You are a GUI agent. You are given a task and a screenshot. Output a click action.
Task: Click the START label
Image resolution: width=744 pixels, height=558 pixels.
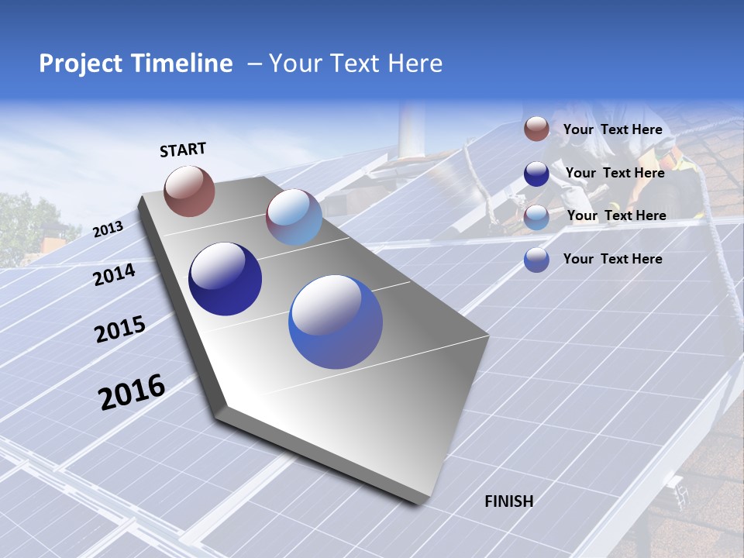[x=183, y=150]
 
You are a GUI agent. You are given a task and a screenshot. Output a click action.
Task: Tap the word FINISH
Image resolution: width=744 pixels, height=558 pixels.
[x=508, y=501]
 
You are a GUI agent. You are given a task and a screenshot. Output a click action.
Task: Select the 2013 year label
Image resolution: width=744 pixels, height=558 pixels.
[x=108, y=229]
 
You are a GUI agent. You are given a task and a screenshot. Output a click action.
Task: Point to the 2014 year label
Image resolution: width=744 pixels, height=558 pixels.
[x=114, y=274]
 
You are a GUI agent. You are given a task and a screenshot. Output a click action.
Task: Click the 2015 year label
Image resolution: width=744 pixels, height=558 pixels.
[x=120, y=329]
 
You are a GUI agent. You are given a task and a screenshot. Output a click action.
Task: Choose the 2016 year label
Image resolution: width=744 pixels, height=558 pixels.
[x=132, y=392]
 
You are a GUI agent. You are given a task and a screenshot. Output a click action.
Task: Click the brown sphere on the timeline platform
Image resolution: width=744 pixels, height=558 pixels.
[x=189, y=191]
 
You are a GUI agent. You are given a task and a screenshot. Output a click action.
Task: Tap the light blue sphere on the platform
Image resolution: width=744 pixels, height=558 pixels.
[x=294, y=217]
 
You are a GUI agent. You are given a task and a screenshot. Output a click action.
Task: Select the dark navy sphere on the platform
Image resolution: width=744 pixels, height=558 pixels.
[x=225, y=279]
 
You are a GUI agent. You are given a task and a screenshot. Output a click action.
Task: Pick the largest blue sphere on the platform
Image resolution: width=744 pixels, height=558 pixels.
[x=336, y=322]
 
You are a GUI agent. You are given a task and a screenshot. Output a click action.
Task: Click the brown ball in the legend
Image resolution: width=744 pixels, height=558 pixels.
[x=536, y=129]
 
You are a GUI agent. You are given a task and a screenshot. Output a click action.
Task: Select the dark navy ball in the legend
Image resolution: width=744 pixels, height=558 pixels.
[x=536, y=174]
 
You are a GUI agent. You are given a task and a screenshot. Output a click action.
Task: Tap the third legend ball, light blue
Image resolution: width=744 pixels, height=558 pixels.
[x=536, y=217]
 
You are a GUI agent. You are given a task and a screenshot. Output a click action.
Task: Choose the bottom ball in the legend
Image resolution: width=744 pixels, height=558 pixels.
[x=536, y=260]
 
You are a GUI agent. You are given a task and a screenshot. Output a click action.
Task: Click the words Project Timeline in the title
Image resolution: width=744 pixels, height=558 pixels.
[x=136, y=64]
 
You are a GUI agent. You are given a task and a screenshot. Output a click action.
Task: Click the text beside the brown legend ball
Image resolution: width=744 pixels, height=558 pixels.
[x=612, y=129]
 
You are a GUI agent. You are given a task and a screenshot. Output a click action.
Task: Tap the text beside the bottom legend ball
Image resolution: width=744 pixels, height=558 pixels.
[x=612, y=259]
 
